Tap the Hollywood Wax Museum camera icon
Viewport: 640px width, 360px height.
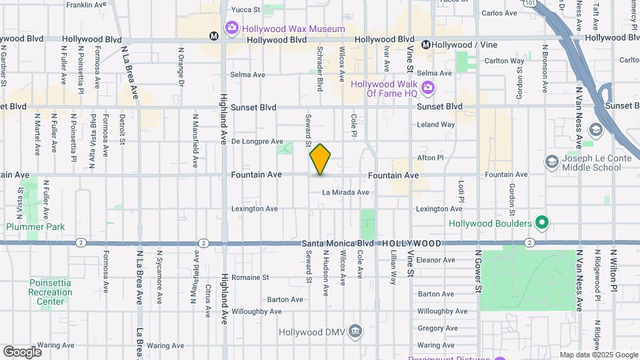coord(232,29)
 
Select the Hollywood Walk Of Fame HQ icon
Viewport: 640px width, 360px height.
coord(427,88)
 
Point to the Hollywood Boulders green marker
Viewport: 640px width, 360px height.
coord(542,223)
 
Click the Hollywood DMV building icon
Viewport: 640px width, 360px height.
coord(355,331)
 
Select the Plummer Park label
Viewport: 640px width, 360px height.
coord(35,227)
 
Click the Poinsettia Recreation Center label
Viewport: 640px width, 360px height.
coord(50,292)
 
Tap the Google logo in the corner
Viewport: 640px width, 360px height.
coord(22,351)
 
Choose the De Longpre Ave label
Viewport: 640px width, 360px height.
coord(257,141)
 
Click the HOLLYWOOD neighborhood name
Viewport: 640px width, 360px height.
coord(412,244)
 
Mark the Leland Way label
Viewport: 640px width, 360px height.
coord(435,125)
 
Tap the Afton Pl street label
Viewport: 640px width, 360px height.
coord(430,158)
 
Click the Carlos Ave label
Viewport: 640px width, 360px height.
coord(499,13)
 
